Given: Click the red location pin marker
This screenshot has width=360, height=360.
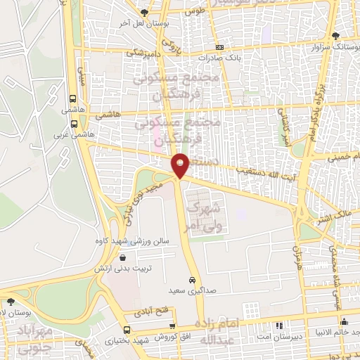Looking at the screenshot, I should pyautogui.click(x=181, y=165).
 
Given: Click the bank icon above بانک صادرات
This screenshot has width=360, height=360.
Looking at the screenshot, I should pyautogui.click(x=219, y=46).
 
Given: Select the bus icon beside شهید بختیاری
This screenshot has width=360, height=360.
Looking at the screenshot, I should pyautogui.click(x=126, y=330).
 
